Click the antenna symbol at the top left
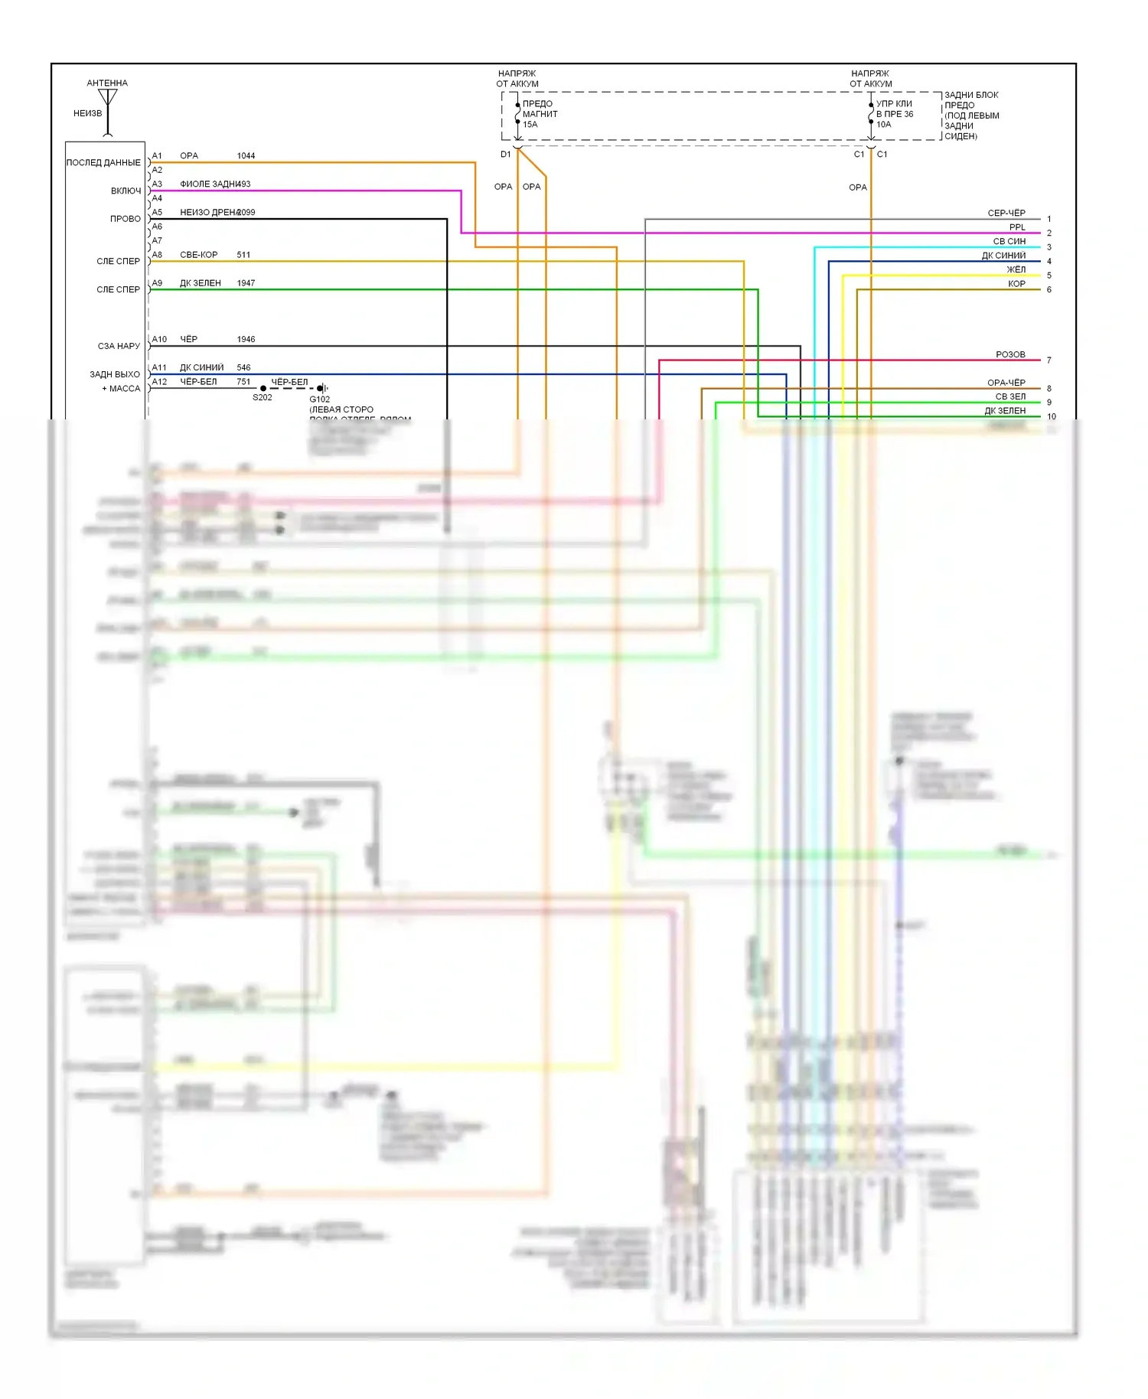click(x=108, y=99)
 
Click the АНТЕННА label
click(x=107, y=83)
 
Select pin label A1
click(x=157, y=156)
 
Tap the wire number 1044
click(x=246, y=156)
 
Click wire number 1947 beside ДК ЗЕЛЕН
click(x=246, y=283)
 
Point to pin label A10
click(x=159, y=339)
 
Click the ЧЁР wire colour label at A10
click(x=188, y=339)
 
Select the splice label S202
click(x=263, y=398)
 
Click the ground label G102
click(x=320, y=399)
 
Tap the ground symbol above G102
click(x=323, y=388)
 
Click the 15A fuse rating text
click(x=530, y=125)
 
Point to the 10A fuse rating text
click(x=884, y=125)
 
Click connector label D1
click(x=505, y=155)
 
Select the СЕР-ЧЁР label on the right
click(x=1006, y=213)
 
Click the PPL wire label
click(x=1017, y=227)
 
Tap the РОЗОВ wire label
click(x=1010, y=354)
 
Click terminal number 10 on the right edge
click(x=1052, y=417)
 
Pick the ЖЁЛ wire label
click(x=1016, y=269)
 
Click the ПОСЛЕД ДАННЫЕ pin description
click(x=103, y=163)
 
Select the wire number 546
click(x=243, y=367)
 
